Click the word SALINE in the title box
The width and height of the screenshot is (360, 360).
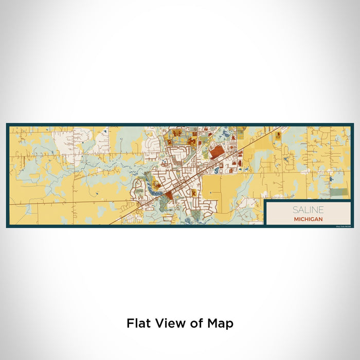coord(309,210)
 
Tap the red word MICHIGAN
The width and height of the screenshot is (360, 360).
coord(309,219)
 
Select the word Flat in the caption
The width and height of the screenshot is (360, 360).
coord(138,323)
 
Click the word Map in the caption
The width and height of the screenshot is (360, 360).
coord(221,323)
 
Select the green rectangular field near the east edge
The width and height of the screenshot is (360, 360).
coord(338,191)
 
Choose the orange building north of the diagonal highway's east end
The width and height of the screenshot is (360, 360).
coord(278,135)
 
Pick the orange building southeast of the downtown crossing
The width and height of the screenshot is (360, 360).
coord(194,193)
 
